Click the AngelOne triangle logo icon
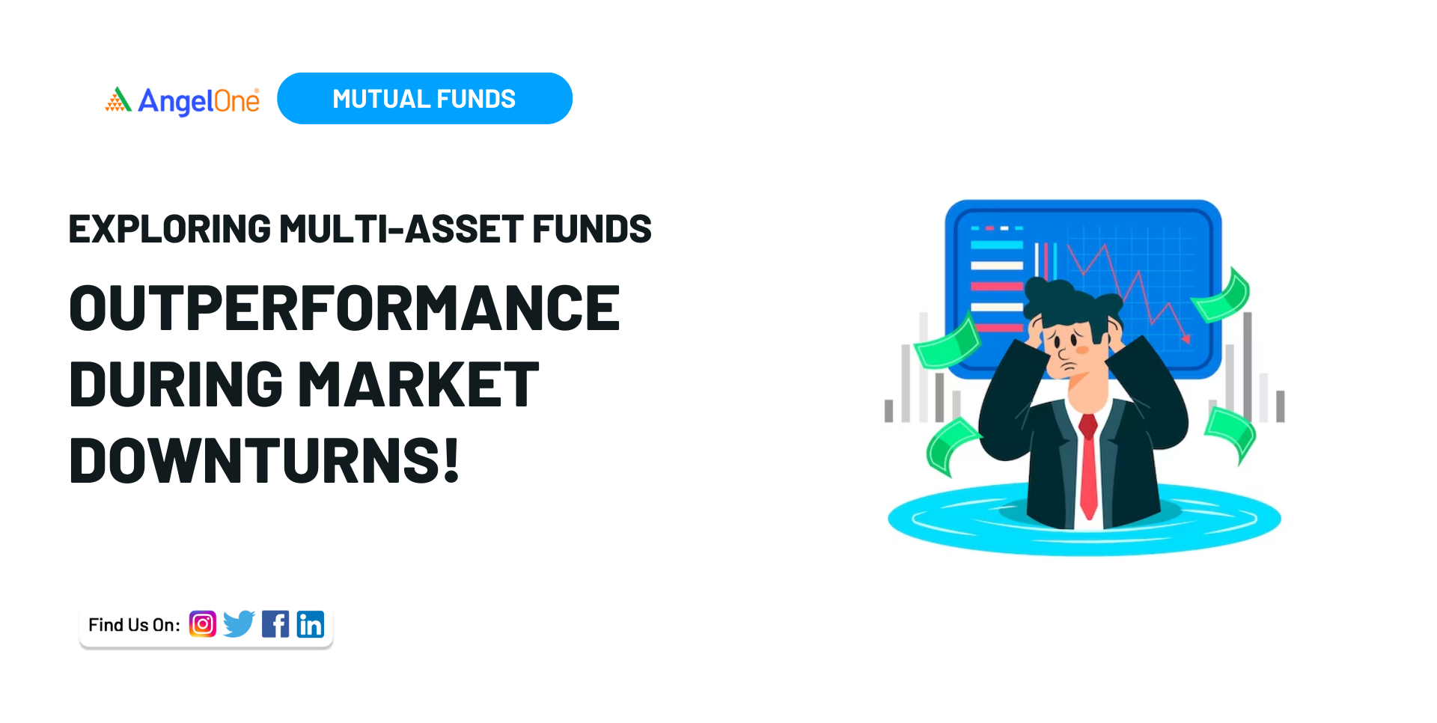coord(118,100)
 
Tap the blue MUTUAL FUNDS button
coord(424,99)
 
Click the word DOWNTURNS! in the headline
coord(263,461)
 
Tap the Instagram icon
coord(203,624)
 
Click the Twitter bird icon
coord(239,623)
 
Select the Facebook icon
coord(275,624)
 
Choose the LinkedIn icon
coord(311,624)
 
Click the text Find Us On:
coord(134,625)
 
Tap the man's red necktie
coord(1089,464)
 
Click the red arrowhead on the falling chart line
coord(1186,338)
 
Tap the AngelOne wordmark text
coord(199,101)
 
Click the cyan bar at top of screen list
coord(996,245)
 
